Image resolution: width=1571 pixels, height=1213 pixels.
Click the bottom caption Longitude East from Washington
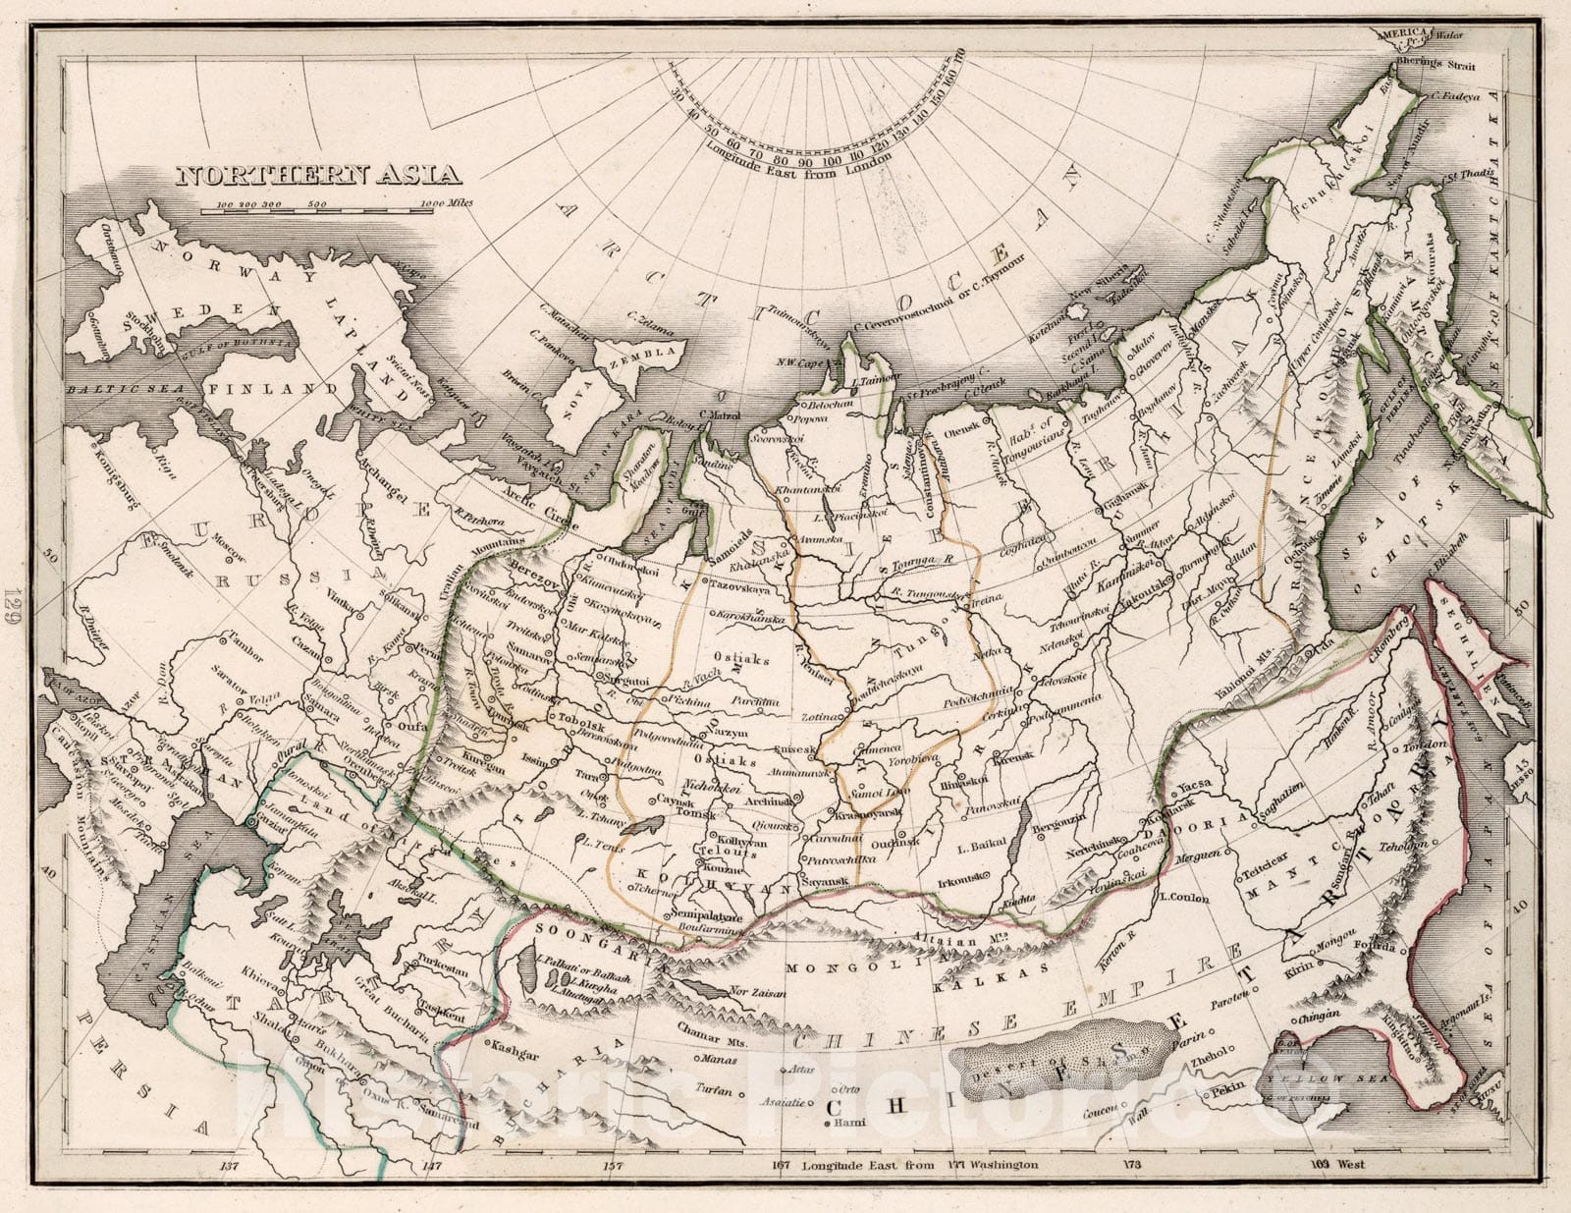pos(919,1165)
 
